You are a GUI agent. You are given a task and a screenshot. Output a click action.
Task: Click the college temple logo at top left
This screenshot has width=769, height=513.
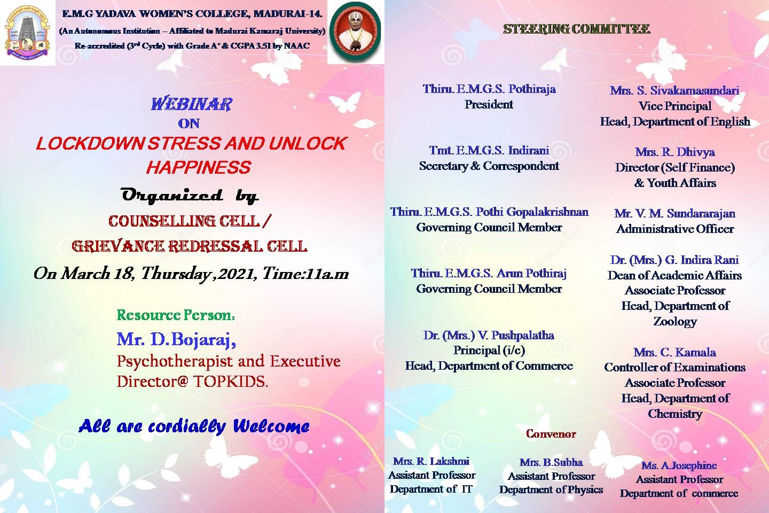click(27, 32)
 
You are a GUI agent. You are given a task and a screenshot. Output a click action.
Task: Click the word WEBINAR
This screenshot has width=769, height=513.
click(192, 104)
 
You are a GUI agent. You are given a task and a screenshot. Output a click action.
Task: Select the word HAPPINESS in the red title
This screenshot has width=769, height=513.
click(199, 167)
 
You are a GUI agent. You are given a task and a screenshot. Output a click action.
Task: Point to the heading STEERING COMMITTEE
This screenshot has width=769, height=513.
click(576, 29)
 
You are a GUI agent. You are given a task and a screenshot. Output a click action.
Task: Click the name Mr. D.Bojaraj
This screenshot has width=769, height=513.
click(176, 339)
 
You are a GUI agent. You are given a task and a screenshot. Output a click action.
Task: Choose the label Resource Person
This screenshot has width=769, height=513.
click(176, 315)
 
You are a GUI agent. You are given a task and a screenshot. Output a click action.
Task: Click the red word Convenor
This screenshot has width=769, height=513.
click(551, 433)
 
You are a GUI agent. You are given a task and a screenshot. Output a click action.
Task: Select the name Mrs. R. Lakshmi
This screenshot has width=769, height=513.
click(431, 461)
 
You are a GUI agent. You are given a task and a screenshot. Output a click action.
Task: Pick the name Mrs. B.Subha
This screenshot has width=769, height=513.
click(551, 462)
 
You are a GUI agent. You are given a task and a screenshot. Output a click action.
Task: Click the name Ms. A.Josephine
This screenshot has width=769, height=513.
click(679, 465)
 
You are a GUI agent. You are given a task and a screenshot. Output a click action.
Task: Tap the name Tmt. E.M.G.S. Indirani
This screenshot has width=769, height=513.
click(489, 150)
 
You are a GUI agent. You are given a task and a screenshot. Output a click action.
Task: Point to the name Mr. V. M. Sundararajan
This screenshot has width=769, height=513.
click(674, 213)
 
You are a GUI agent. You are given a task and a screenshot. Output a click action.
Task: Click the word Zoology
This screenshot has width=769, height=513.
click(675, 322)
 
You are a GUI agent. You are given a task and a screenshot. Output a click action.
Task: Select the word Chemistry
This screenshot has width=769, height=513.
click(674, 414)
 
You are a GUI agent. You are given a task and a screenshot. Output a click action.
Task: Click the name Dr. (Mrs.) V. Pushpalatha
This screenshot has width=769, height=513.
click(489, 335)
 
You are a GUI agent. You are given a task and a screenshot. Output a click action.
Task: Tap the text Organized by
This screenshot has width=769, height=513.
click(190, 196)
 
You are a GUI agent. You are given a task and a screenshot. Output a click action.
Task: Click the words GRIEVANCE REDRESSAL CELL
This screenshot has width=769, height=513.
click(189, 246)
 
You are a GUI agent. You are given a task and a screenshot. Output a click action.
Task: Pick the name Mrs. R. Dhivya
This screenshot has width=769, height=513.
click(674, 152)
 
